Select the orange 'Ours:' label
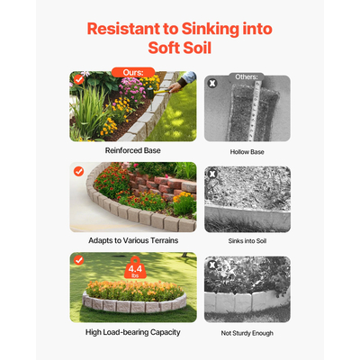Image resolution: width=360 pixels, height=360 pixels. pyautogui.click(x=132, y=72)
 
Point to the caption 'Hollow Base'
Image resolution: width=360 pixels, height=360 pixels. pyautogui.click(x=247, y=152)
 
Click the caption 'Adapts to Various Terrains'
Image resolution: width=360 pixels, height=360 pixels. pyautogui.click(x=132, y=242)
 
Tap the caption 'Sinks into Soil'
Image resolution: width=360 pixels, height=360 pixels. pyautogui.click(x=247, y=242)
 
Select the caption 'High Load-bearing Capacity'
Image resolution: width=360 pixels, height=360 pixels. pyautogui.click(x=132, y=332)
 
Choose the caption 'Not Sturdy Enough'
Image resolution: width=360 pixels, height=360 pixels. pyautogui.click(x=247, y=332)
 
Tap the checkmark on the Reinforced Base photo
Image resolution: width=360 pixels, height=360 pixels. pyautogui.click(x=79, y=80)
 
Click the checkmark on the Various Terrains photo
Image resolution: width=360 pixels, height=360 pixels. pyautogui.click(x=79, y=171)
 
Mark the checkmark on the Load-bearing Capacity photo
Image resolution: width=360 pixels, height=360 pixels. pyautogui.click(x=79, y=261)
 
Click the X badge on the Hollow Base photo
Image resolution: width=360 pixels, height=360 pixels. pyautogui.click(x=212, y=84)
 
